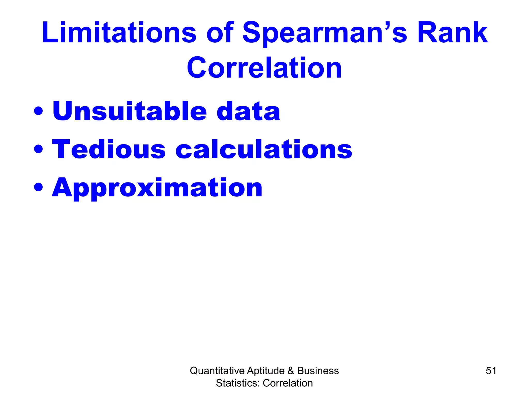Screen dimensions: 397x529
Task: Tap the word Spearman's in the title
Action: [x=325, y=33]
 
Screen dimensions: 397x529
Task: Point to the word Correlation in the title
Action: [x=264, y=68]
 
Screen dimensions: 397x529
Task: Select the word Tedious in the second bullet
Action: [x=109, y=149]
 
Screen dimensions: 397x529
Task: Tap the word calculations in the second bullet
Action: [x=264, y=149]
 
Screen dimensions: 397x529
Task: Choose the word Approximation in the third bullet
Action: [x=157, y=188]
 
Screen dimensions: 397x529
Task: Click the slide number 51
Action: [x=491, y=371]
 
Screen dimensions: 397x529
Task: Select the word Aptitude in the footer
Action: [x=266, y=371]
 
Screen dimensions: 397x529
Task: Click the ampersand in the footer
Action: [x=291, y=371]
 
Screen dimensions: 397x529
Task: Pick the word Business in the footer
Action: [x=318, y=371]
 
